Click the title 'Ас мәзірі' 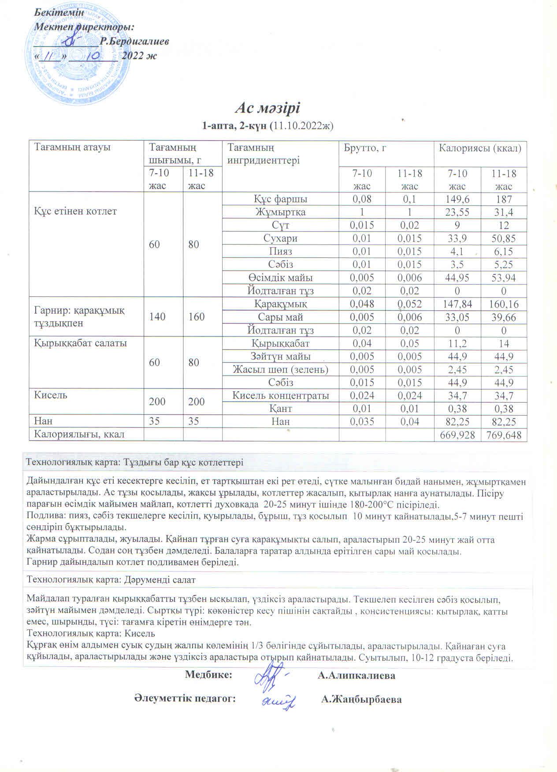(267, 108)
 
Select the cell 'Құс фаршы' (280, 199)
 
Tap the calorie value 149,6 (457, 199)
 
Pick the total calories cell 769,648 (504, 435)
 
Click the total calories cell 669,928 (457, 435)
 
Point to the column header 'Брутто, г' (365, 148)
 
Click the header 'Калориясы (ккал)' (480, 148)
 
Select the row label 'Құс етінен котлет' (75, 211)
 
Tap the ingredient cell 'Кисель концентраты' (281, 395)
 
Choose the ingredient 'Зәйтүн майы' (281, 356)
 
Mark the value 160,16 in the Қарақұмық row (504, 304)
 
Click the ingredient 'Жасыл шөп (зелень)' (281, 369)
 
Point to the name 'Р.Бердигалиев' (134, 41)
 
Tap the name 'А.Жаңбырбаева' (361, 699)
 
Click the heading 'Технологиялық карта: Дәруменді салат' (111, 580)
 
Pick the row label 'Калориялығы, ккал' (79, 434)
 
